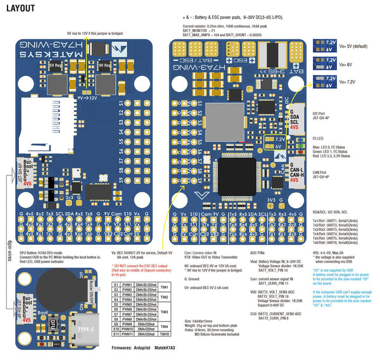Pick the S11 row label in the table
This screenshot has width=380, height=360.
pos(116,333)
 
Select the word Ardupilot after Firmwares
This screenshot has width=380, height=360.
pos(148,348)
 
